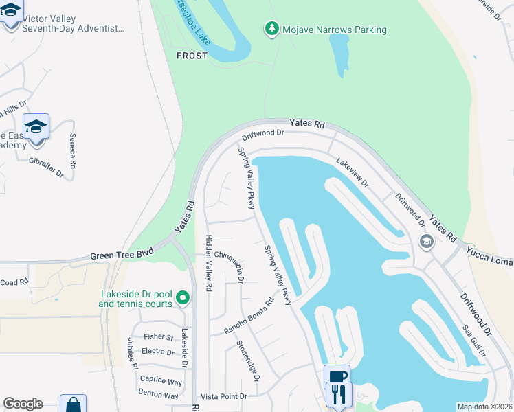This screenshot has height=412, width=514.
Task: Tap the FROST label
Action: [x=192, y=56]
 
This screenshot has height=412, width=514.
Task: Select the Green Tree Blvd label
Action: [x=120, y=256]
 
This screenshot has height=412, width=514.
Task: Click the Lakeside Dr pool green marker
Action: [x=182, y=298]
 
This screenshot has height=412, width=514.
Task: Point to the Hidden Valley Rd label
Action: [x=208, y=262]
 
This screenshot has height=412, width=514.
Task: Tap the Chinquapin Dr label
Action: [x=230, y=264]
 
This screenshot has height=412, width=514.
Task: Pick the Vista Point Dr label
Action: [x=223, y=396]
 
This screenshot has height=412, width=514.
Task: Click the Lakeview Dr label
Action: [x=353, y=174]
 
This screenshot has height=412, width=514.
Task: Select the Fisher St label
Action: [x=159, y=337]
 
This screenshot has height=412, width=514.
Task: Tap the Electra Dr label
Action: [x=157, y=352]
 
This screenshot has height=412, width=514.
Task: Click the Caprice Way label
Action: [x=161, y=381]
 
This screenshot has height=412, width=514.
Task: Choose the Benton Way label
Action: [x=158, y=396]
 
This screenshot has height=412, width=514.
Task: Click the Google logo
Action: [x=23, y=404]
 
